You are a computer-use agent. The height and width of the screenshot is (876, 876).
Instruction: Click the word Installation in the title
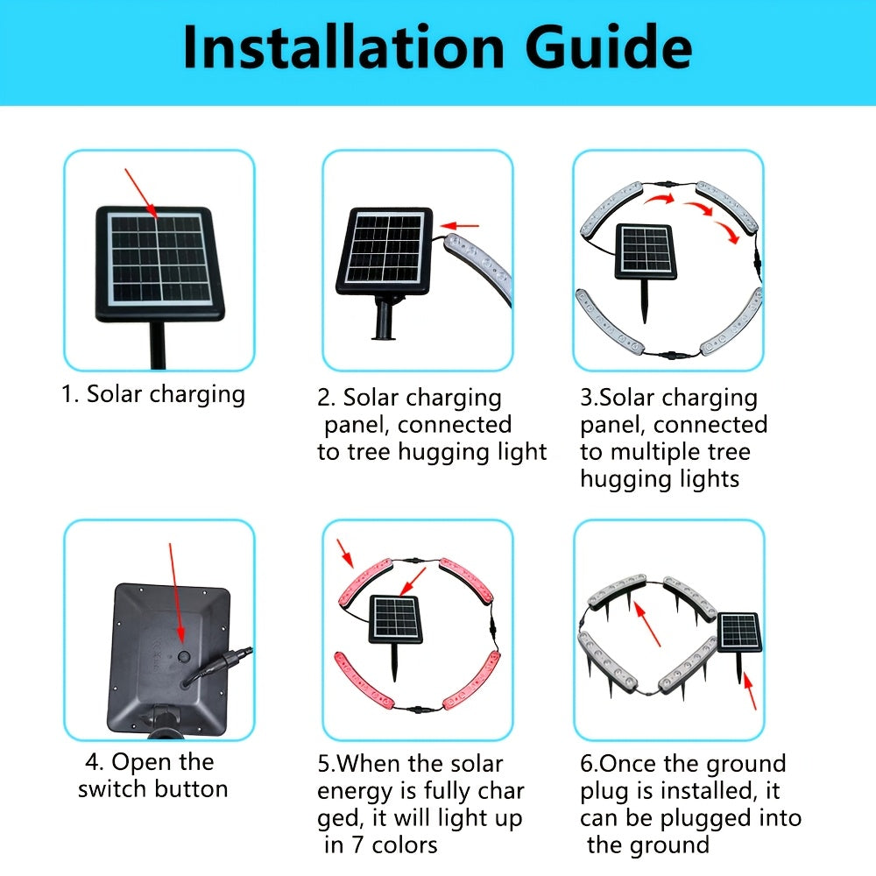[343, 48]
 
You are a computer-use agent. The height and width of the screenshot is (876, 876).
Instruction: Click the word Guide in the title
[609, 48]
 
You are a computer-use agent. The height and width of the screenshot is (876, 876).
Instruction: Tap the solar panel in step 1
[160, 264]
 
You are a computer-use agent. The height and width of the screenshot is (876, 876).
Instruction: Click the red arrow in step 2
[459, 226]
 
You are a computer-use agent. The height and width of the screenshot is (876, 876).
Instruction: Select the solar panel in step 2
[385, 251]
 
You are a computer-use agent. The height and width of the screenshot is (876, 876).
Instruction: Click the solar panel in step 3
[646, 251]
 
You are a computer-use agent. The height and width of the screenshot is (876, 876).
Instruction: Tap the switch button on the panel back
[184, 657]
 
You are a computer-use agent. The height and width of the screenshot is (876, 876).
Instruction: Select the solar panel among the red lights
[394, 619]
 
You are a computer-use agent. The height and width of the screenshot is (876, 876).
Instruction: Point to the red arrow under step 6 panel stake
[750, 692]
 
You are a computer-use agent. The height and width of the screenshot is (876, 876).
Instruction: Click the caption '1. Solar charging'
[153, 394]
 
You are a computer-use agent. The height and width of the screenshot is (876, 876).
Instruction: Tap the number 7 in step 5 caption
[357, 844]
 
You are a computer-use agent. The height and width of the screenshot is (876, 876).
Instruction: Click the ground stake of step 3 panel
[645, 300]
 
